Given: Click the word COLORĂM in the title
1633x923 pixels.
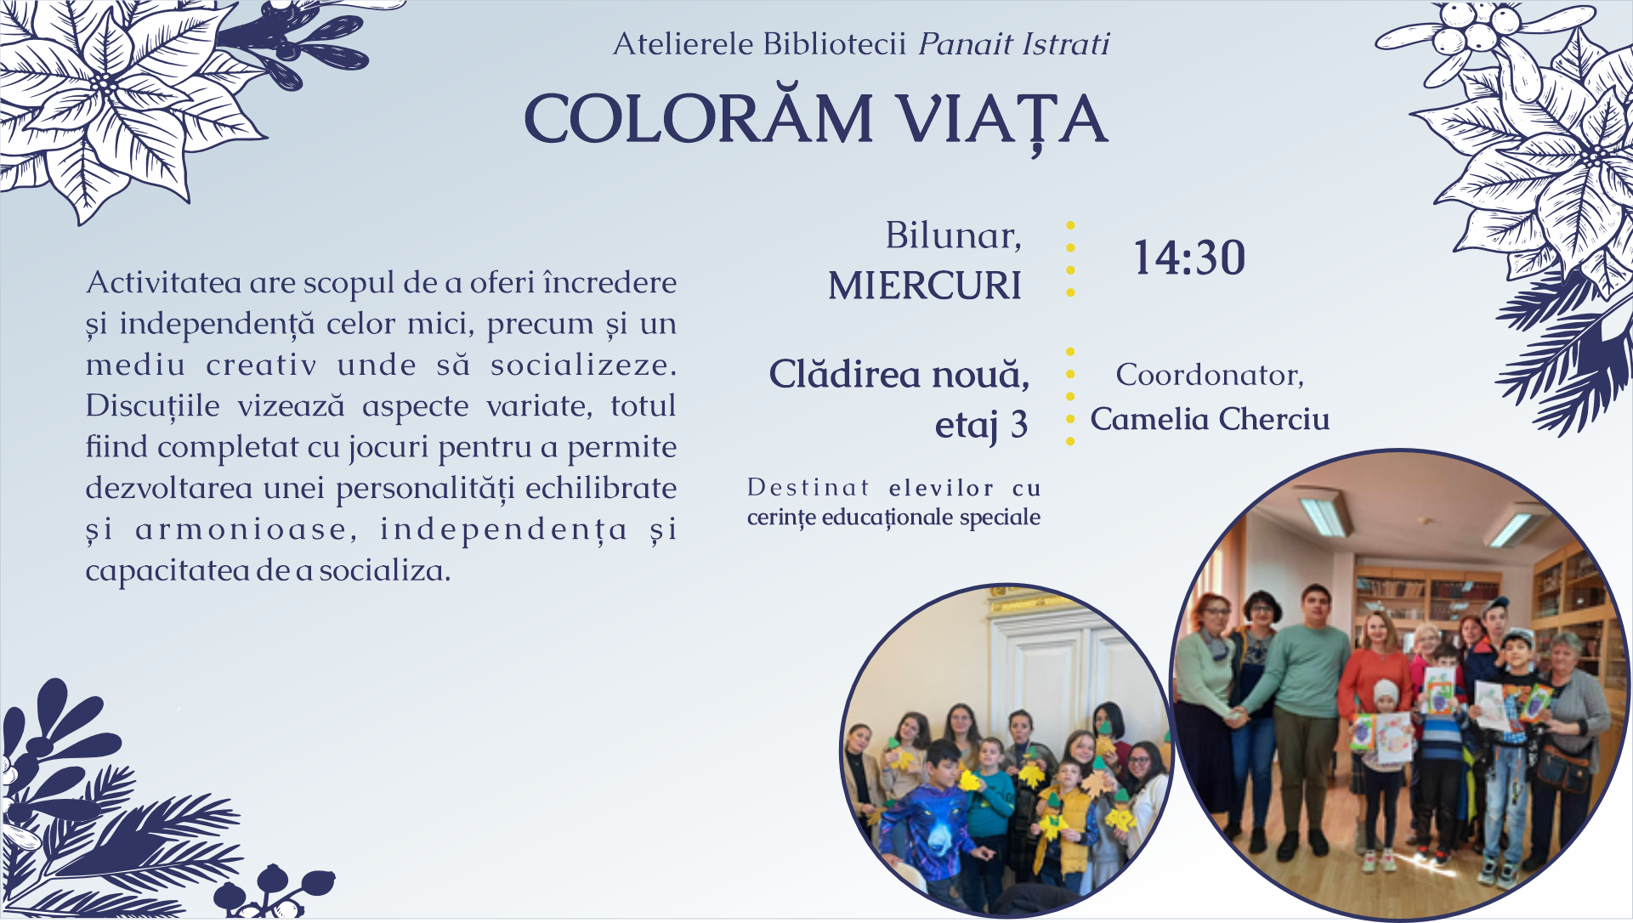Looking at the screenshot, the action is pos(698,118).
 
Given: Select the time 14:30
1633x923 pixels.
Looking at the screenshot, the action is pos(1189,258).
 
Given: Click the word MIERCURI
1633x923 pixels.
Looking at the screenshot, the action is pos(925,286).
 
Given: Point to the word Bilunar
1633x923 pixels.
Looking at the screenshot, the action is pos(953,235).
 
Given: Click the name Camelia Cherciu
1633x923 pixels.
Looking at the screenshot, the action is pos(1210,419).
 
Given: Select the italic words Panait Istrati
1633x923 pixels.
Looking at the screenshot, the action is pos(1014,43).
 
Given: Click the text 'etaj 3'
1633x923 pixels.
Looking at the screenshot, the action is pos(982,425).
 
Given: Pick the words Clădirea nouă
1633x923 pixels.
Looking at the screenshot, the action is pos(899,374).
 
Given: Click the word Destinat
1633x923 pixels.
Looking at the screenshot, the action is pos(808,488).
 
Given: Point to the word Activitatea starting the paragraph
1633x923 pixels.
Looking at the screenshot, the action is pos(163,282).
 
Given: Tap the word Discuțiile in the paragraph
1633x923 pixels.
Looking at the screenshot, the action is pos(152,407).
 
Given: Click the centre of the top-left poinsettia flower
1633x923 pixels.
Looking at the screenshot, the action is pos(105,83).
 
